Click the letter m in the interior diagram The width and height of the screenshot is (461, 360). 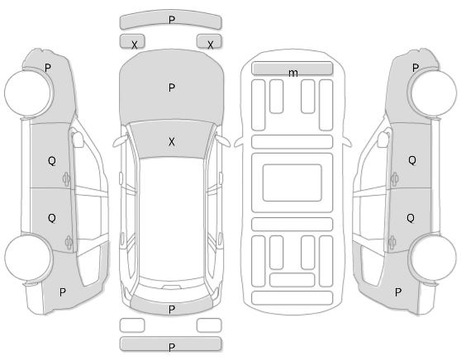coord(292,73)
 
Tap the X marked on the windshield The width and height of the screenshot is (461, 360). coord(172,142)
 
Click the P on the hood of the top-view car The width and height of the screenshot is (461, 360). coord(172,88)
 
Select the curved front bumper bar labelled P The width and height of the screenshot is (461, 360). coord(170,21)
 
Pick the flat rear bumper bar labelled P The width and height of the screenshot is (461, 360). coord(170,344)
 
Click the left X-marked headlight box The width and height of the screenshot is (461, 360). coord(132,41)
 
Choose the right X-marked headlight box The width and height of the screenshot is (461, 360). coord(209,41)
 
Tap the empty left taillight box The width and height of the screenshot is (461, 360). coord(132,325)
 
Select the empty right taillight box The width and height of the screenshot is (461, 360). coord(209,325)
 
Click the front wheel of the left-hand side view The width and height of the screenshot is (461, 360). coord(29,92)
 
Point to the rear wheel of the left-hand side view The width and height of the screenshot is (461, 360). coord(29,257)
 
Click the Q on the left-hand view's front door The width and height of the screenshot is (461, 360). coord(52,161)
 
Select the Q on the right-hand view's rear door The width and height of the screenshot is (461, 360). coord(411,218)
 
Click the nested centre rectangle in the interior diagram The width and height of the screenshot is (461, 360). coord(292,182)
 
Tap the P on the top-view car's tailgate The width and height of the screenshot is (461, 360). coord(172,309)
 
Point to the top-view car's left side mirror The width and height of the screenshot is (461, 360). coord(121,141)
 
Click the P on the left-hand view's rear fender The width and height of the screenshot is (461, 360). coord(62,292)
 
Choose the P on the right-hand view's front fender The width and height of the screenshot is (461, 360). coord(415,68)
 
